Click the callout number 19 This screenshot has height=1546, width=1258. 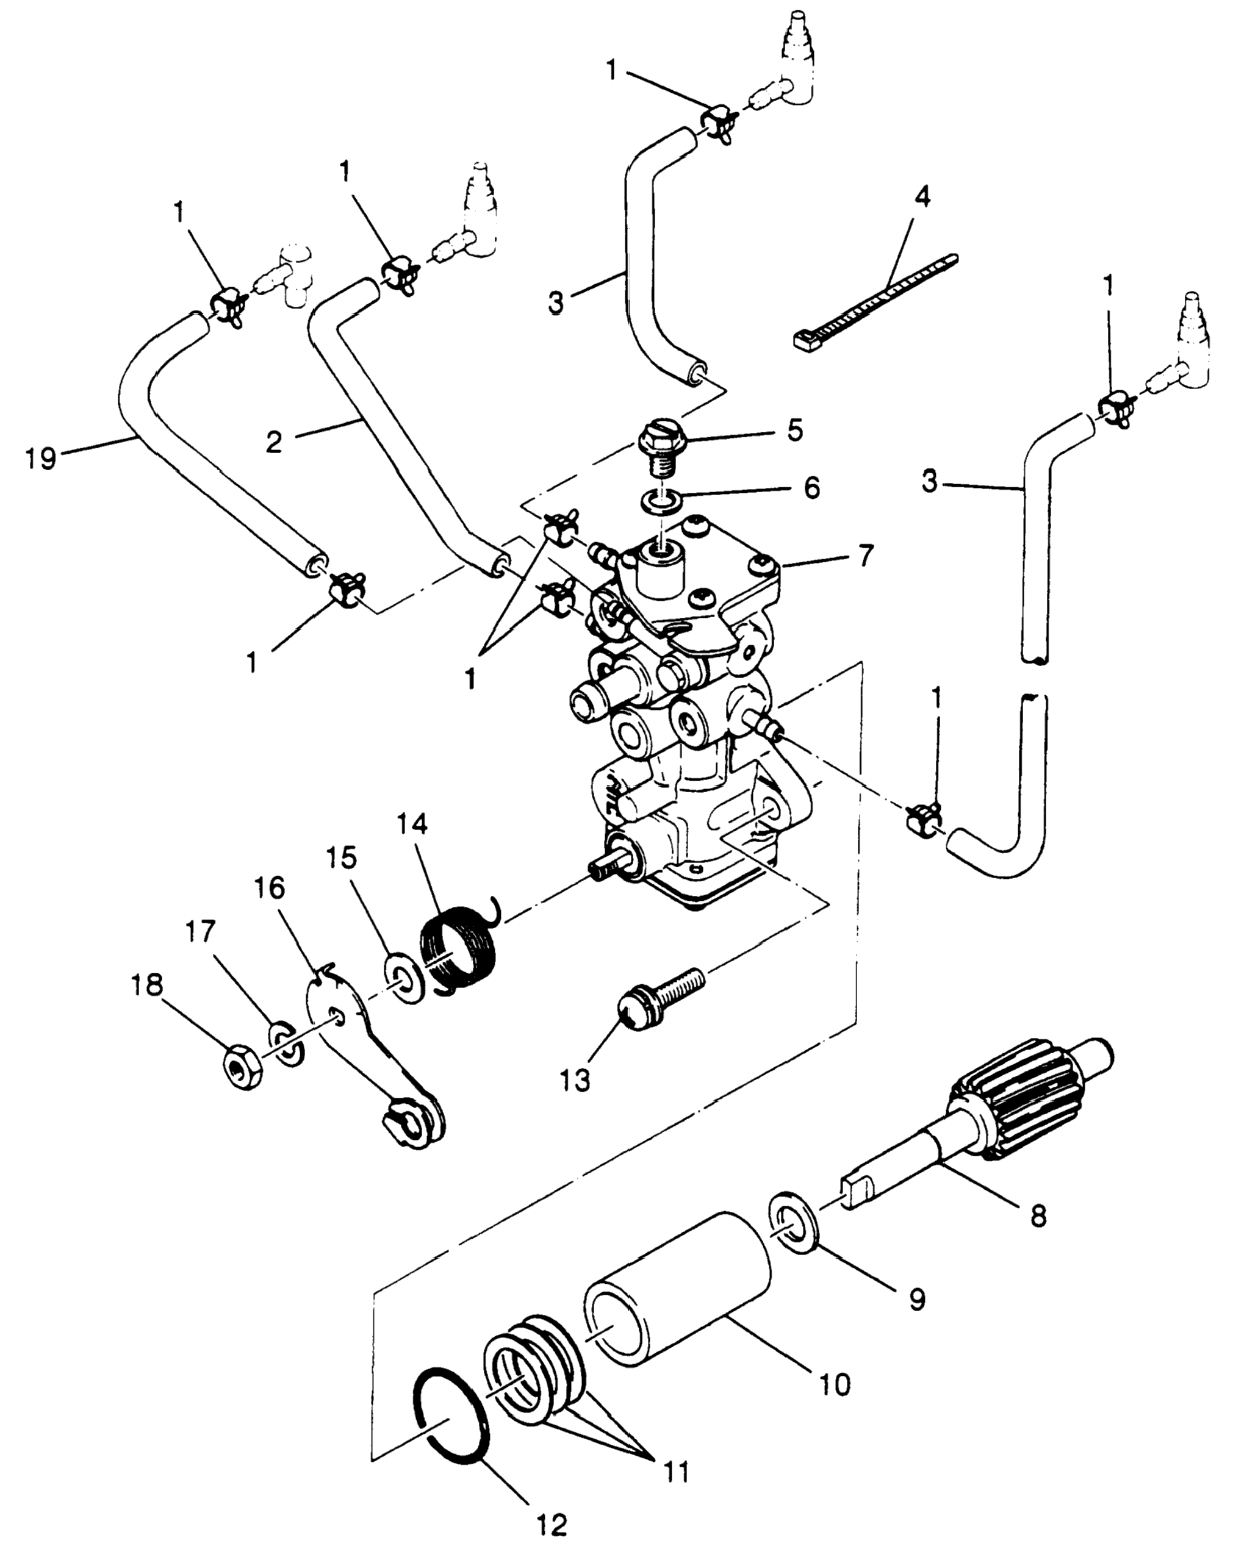[x=41, y=458]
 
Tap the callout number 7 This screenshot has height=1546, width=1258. [x=864, y=556]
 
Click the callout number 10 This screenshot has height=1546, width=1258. [x=833, y=1384]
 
